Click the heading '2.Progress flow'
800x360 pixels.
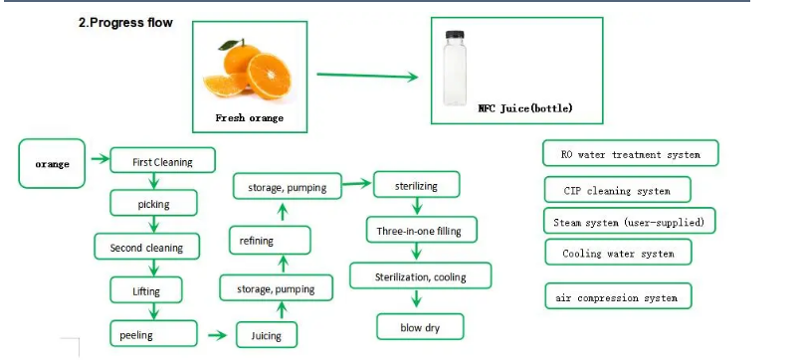point(125,23)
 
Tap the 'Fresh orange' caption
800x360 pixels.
point(250,117)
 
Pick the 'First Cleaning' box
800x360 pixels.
point(164,161)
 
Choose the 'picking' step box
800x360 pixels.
point(153,204)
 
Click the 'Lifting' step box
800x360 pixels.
point(145,291)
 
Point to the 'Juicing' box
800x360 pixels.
point(266,335)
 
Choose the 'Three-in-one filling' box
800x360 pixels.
point(420,231)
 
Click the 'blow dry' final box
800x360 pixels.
point(420,325)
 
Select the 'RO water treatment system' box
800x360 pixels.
point(629,154)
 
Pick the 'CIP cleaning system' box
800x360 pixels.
point(617,190)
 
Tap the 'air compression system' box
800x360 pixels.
point(618,297)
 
